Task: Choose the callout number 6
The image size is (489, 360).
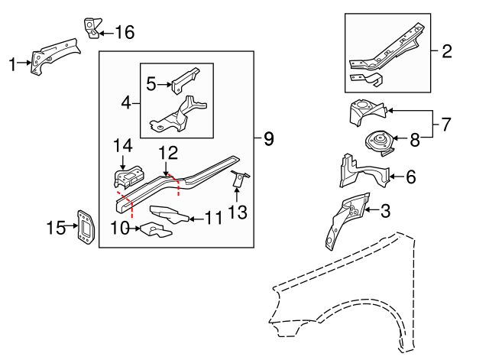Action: [410, 177]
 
